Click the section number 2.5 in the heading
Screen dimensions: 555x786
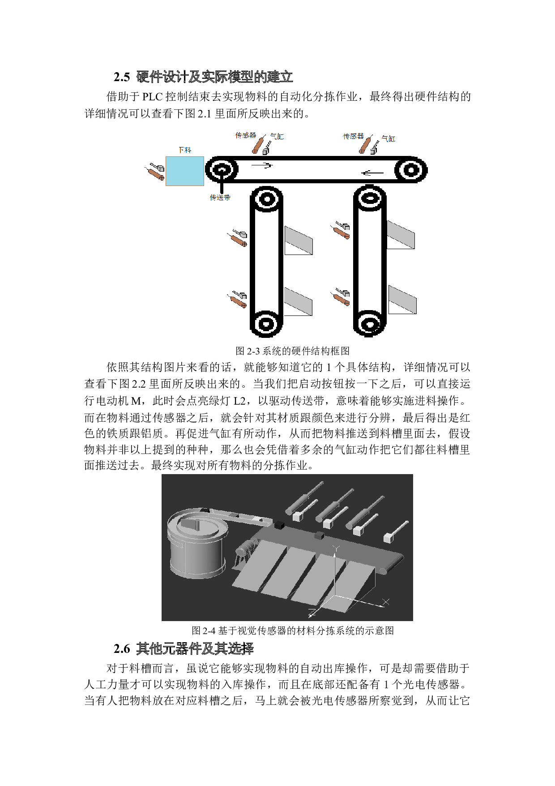(122, 78)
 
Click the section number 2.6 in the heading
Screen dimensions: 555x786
(122, 649)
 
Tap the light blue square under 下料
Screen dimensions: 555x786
(185, 171)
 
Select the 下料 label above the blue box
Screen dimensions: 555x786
(184, 150)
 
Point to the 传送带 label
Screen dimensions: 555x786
(220, 197)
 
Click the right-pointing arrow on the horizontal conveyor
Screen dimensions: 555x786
(262, 165)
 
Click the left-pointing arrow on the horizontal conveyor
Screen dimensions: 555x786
(372, 173)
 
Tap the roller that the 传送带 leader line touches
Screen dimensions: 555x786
(222, 170)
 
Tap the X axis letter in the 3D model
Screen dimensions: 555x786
(386, 602)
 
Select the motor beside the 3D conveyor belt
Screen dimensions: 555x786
(246, 549)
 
